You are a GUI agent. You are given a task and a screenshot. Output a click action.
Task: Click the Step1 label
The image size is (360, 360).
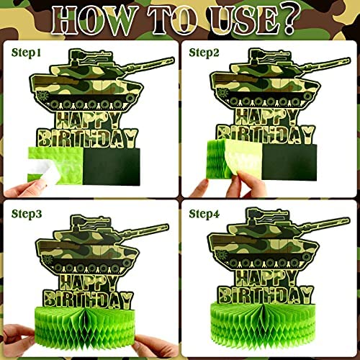click(x=27, y=53)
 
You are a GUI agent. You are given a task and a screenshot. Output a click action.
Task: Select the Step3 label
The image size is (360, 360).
click(x=27, y=214)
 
